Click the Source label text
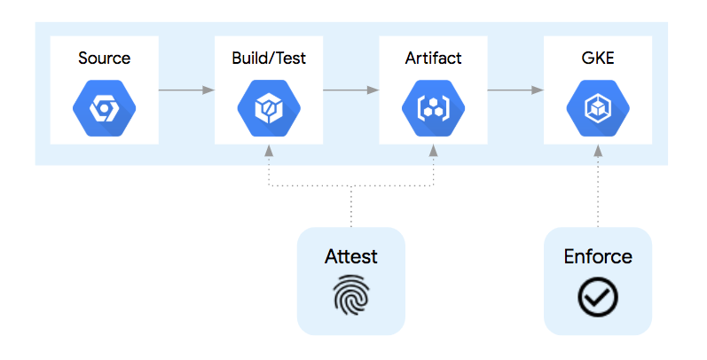104,59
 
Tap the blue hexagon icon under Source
104,109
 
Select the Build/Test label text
268,59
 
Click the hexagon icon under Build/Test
268,109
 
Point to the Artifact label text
433,59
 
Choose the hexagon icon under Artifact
433,109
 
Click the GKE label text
597,59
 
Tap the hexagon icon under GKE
597,109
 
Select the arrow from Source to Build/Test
186,90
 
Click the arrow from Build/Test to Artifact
350,90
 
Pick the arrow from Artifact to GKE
515,90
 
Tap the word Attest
350,256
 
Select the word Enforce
597,256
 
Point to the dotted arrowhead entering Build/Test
268,150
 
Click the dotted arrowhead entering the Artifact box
433,150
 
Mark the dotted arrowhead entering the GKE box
597,150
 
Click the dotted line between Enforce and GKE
597,191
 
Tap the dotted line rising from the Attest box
350,207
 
